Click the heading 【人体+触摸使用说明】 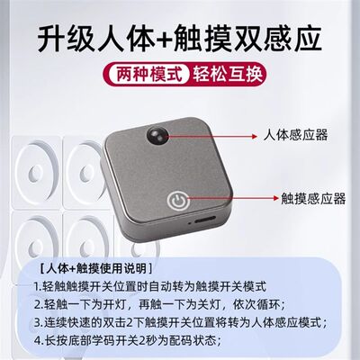pyautogui.click(x=90, y=268)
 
